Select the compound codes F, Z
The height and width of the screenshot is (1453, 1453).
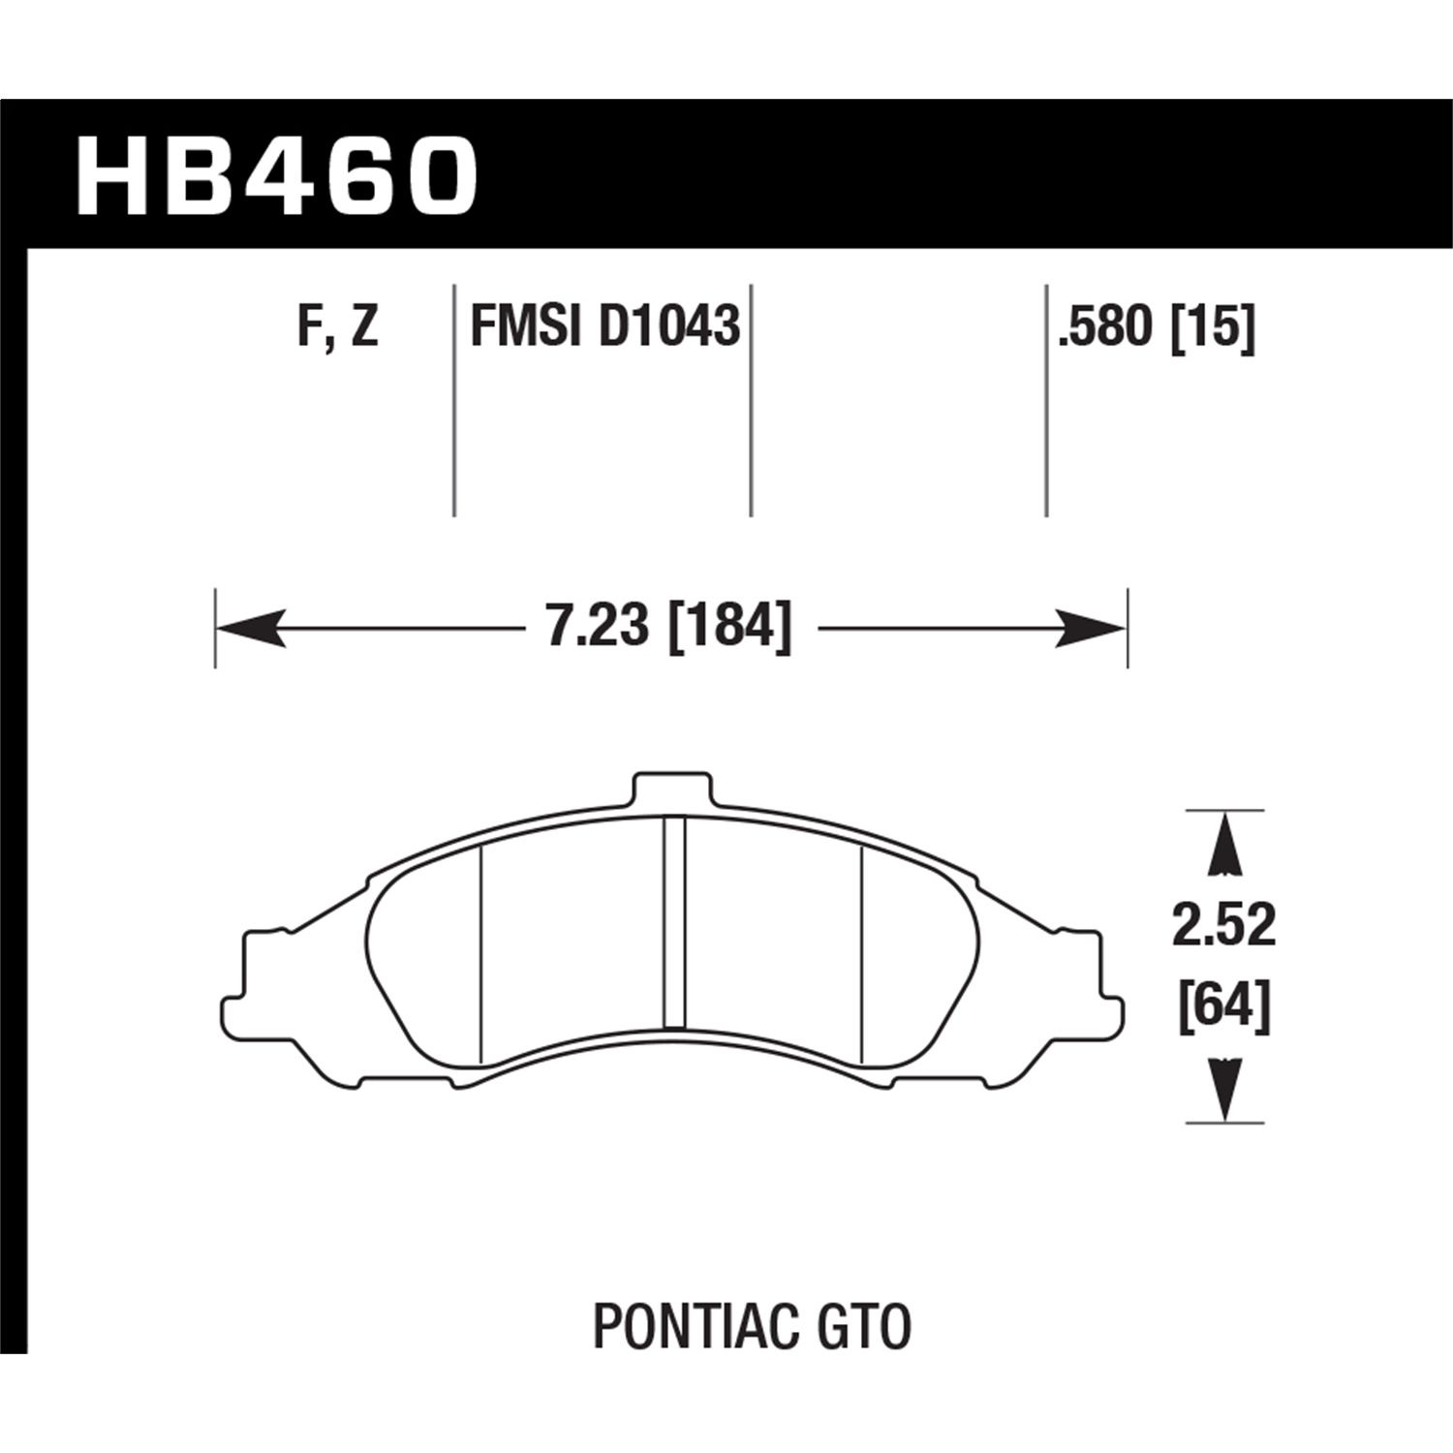click(x=337, y=326)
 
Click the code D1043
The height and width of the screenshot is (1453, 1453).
click(x=669, y=326)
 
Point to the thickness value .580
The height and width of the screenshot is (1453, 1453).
click(x=1108, y=326)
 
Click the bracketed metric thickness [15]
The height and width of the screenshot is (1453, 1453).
click(x=1213, y=326)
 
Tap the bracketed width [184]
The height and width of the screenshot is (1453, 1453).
click(x=729, y=627)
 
